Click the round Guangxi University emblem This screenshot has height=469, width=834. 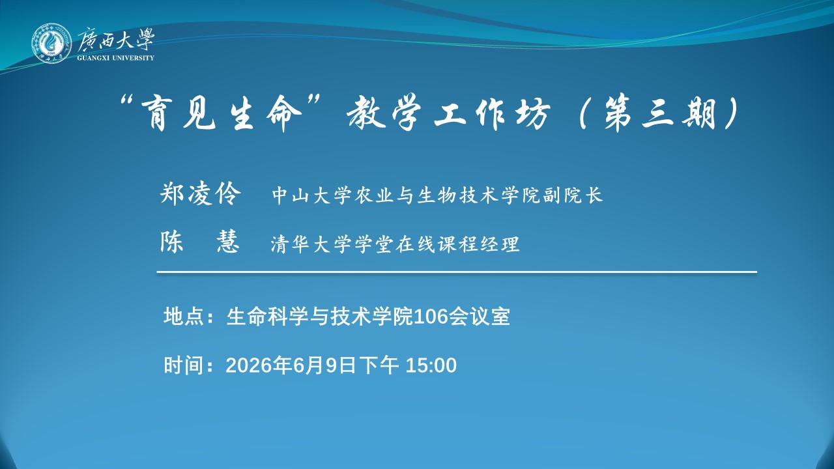coord(51,43)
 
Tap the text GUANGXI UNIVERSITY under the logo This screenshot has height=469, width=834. coord(116,58)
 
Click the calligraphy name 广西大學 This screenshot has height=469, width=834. coord(116,40)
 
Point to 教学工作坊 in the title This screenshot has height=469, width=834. coord(449,113)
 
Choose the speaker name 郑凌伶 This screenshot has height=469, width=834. coord(200,193)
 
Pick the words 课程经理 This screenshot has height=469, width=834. coord(478,244)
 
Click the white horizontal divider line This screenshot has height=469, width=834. coord(457,272)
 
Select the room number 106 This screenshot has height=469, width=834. coord(431,317)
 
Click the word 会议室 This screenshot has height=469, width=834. coord(479,317)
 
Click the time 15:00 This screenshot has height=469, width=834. coord(431,365)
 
